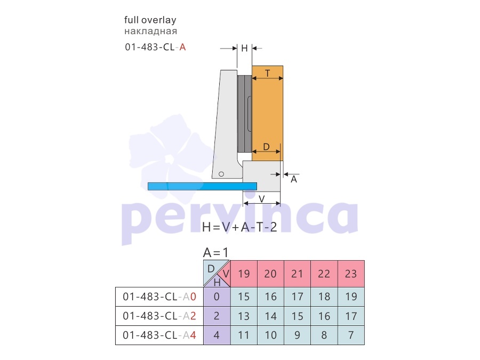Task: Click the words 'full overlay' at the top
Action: [150, 20]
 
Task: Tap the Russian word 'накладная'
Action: [150, 31]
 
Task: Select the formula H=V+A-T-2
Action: [239, 227]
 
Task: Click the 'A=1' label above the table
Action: [216, 253]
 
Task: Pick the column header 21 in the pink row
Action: [297, 274]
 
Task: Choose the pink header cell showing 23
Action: [351, 274]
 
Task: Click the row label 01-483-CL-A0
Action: [159, 297]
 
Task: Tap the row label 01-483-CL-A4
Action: [159, 335]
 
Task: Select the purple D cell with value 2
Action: [217, 316]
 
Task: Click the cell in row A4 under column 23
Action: [351, 335]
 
